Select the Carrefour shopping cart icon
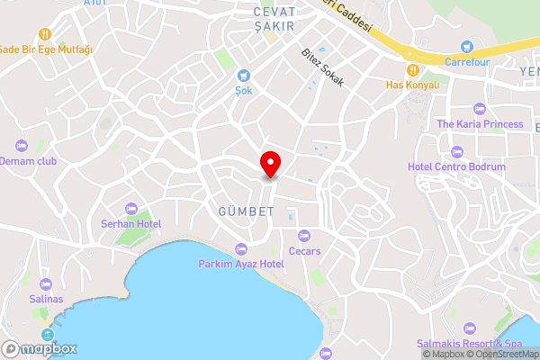click(x=465, y=47)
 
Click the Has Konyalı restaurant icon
click(x=412, y=69)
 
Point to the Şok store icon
click(x=243, y=76)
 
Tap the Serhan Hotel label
click(x=130, y=223)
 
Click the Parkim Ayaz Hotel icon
click(x=240, y=249)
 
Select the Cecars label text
click(x=304, y=251)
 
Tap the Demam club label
click(x=28, y=160)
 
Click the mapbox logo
click(x=40, y=348)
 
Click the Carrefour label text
click(x=464, y=62)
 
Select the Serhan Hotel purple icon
click(x=131, y=209)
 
